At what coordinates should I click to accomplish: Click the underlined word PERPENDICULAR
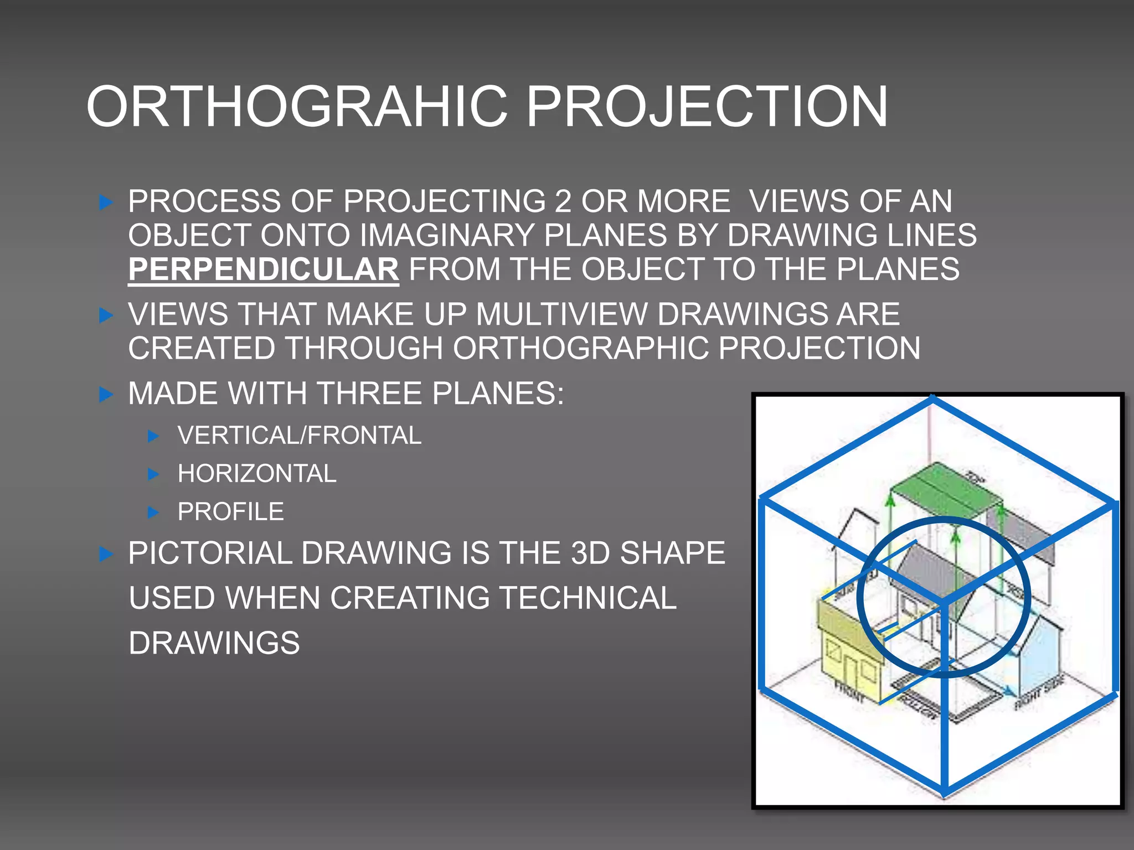[263, 269]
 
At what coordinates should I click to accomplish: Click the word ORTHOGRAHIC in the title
[296, 107]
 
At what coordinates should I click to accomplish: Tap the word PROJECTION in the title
[707, 107]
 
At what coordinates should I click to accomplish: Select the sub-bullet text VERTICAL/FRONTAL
[300, 436]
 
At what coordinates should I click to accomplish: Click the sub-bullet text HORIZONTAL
[257, 474]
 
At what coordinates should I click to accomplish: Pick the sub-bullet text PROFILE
[231, 512]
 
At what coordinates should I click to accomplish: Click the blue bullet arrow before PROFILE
[154, 512]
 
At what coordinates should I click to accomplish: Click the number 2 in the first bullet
[563, 201]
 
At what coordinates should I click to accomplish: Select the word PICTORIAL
[210, 553]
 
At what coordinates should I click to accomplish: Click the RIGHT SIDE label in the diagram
[1039, 693]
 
